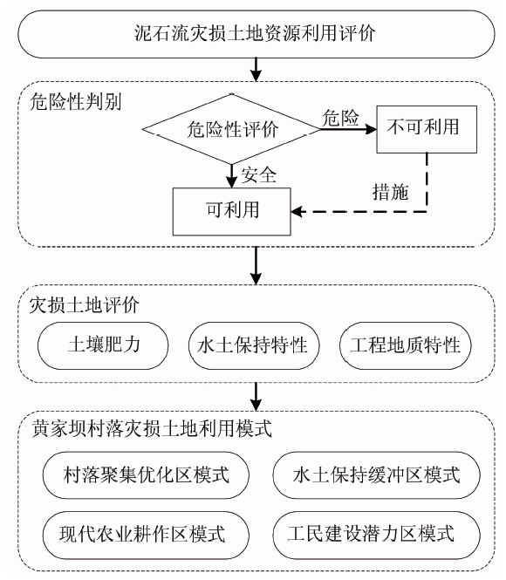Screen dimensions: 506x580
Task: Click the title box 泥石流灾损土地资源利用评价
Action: (x=256, y=34)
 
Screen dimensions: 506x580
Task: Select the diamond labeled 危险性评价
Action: (x=231, y=129)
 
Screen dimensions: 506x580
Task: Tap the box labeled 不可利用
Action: (x=427, y=129)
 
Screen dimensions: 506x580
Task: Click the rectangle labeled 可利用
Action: (x=232, y=211)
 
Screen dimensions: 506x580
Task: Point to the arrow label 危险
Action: (x=340, y=118)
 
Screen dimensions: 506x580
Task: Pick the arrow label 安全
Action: (x=259, y=174)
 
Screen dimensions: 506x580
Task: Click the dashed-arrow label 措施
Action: (x=391, y=192)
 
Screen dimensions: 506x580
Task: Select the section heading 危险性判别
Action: (x=75, y=102)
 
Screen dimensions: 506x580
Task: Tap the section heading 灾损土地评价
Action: (x=85, y=305)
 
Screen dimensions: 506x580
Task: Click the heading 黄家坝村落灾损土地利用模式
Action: (x=152, y=429)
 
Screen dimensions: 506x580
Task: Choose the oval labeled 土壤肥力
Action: (x=103, y=345)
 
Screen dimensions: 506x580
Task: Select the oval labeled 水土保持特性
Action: (x=254, y=345)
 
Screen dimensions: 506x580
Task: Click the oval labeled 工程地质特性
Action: (x=406, y=345)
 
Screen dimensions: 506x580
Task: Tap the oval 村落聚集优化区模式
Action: (x=146, y=475)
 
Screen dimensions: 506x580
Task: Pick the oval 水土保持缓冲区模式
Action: (x=377, y=475)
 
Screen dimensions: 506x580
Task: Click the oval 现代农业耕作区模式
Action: (x=146, y=535)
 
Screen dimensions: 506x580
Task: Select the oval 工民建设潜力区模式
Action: (x=377, y=535)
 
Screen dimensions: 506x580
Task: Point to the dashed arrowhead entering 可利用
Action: (x=296, y=212)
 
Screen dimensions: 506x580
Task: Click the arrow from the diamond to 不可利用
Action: (x=348, y=129)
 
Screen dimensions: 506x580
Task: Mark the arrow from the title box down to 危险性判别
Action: (x=256, y=70)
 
